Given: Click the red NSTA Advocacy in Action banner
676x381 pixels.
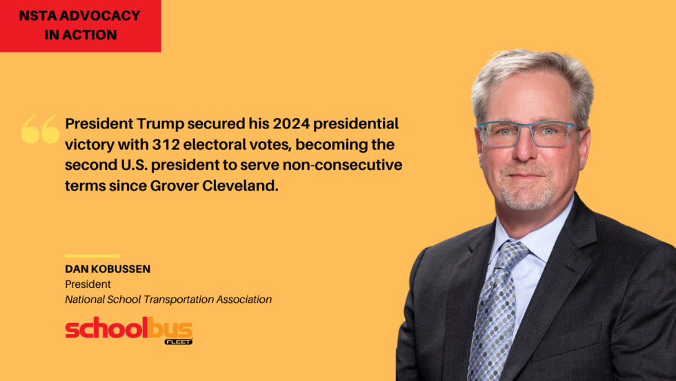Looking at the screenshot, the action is [80, 26].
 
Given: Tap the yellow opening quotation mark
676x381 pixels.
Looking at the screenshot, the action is [41, 129].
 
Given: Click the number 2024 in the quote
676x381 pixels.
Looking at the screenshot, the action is [291, 124].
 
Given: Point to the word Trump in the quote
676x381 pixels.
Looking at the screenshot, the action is [160, 124].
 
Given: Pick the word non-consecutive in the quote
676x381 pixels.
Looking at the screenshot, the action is [343, 165].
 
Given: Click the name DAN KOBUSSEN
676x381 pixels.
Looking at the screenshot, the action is [108, 268].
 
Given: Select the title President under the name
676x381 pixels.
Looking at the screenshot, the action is [88, 284].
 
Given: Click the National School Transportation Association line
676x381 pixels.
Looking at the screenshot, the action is [168, 300].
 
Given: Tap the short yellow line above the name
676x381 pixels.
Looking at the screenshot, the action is [92, 256].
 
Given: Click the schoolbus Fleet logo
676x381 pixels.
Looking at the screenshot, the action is [129, 330].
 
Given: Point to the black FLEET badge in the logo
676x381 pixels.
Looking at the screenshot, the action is [179, 342].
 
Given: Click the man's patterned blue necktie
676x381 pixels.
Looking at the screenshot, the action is [496, 311].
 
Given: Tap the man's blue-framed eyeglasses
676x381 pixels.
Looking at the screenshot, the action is [530, 134].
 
